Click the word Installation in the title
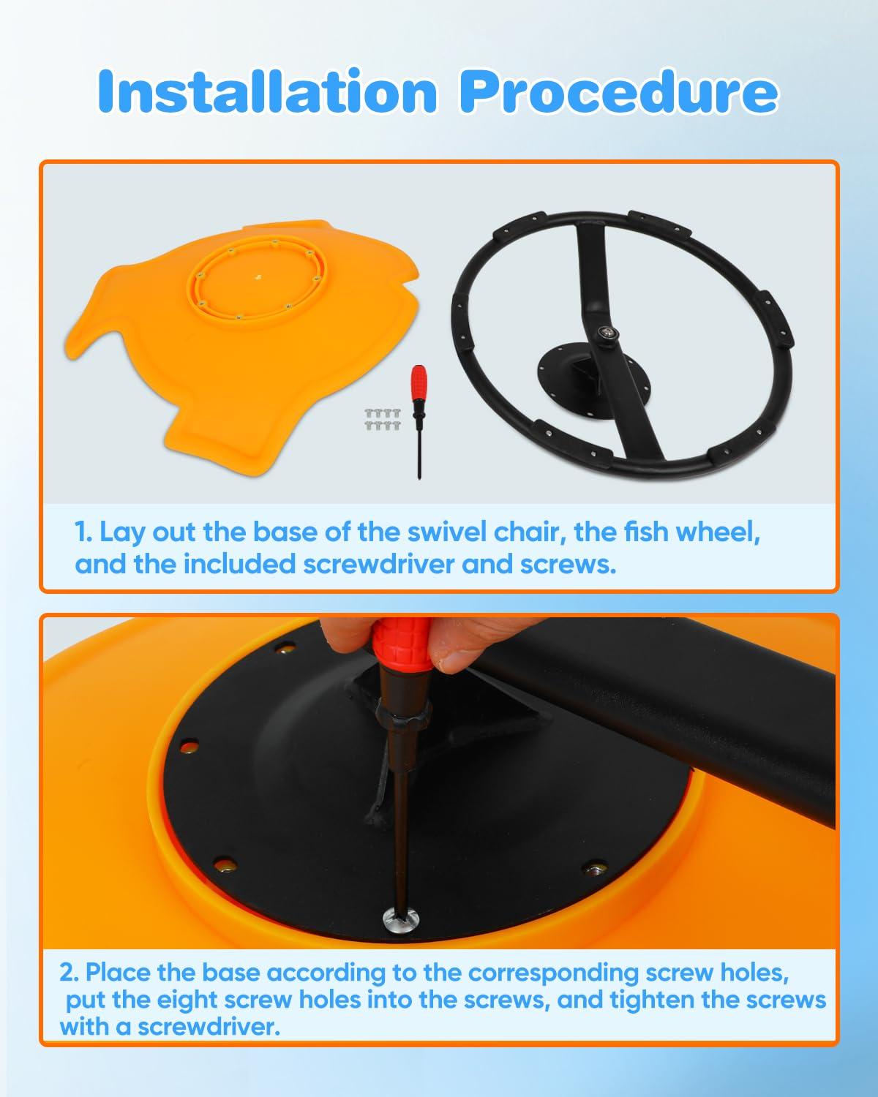[267, 91]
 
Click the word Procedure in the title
[618, 91]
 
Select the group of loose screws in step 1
[383, 419]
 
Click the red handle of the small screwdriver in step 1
[419, 382]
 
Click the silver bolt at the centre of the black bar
[607, 333]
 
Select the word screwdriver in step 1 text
[378, 565]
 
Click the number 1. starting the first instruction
[83, 532]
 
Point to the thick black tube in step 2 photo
[658, 714]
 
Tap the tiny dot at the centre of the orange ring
[259, 277]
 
